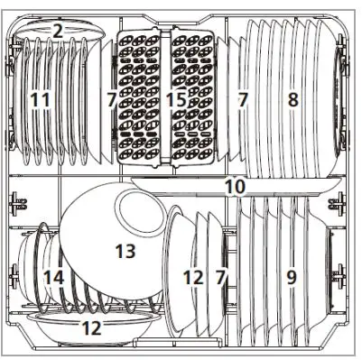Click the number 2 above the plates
pyautogui.click(x=59, y=31)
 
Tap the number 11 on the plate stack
pyautogui.click(x=39, y=99)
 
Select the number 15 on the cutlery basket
pyautogui.click(x=176, y=99)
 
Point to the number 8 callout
pyautogui.click(x=292, y=99)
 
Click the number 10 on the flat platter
pyautogui.click(x=235, y=187)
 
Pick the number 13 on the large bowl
pyautogui.click(x=125, y=248)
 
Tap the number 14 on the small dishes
pyautogui.click(x=54, y=278)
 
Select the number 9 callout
pyautogui.click(x=291, y=278)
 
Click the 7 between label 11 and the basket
pyautogui.click(x=110, y=99)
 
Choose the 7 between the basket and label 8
pyautogui.click(x=242, y=99)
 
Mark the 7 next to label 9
pyautogui.click(x=219, y=278)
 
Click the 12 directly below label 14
pyautogui.click(x=91, y=328)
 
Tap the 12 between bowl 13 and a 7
pyautogui.click(x=193, y=278)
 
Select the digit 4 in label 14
pyautogui.click(x=60, y=278)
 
